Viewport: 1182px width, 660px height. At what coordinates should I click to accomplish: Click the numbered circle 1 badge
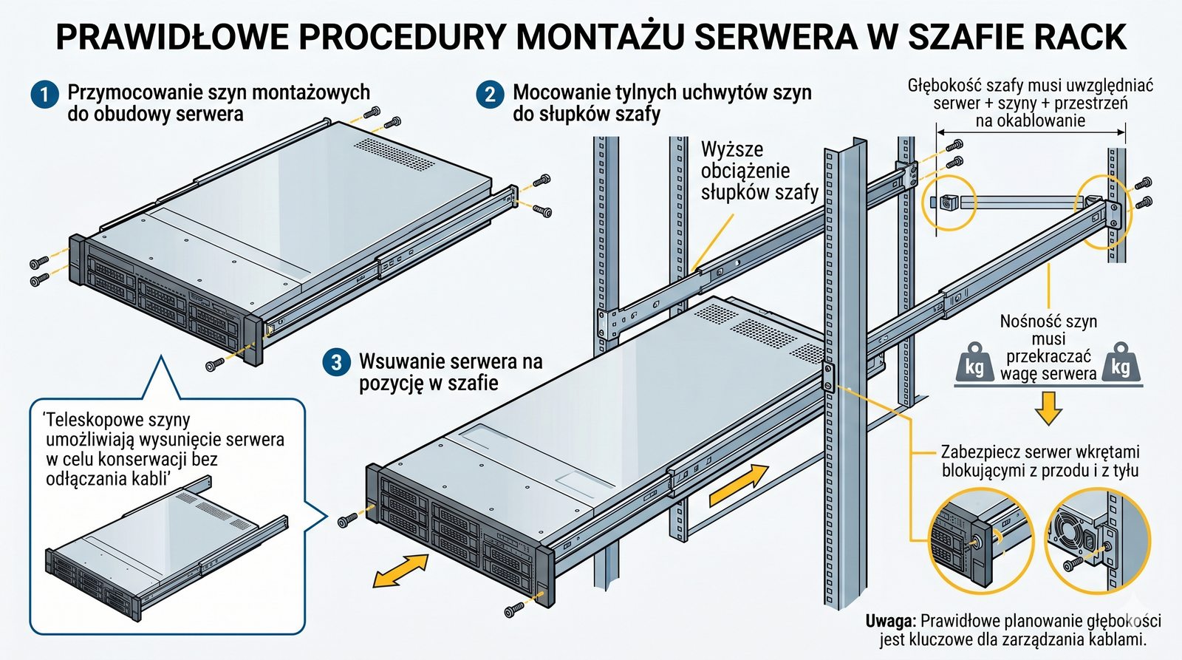(44, 95)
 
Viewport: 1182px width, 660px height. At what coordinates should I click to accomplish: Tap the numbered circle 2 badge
(490, 95)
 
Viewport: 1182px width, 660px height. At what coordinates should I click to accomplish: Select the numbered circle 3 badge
(337, 362)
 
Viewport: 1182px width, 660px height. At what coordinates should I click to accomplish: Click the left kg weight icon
(974, 364)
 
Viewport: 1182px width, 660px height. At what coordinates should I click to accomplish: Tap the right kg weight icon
(1121, 364)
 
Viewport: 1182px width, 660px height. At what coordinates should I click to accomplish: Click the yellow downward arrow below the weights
(1048, 409)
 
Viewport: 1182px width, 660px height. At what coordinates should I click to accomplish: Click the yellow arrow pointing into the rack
(739, 486)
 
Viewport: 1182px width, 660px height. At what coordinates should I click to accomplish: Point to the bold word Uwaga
(891, 621)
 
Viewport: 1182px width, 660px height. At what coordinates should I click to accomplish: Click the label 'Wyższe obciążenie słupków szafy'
(759, 171)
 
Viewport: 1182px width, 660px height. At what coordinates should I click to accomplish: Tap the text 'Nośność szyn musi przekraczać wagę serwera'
(1048, 347)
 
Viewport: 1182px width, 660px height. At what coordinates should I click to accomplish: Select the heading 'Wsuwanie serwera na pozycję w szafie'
(451, 372)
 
